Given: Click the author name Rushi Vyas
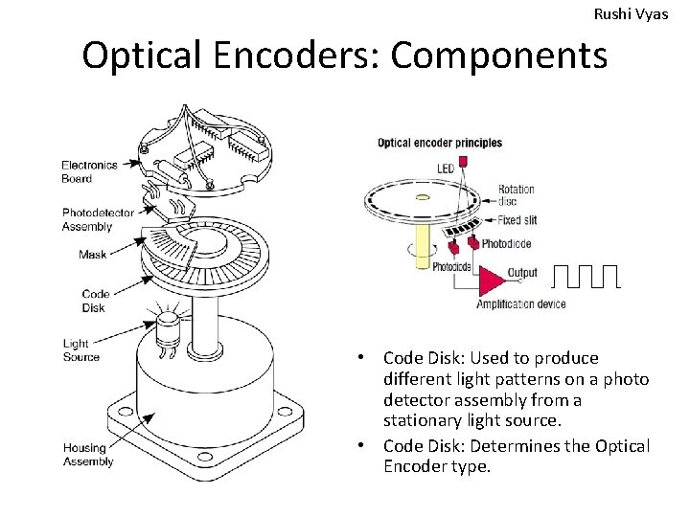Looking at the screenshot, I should click(632, 14).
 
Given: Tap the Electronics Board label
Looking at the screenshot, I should click(89, 171).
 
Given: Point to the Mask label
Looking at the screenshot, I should click(93, 255).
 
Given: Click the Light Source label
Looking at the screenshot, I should click(80, 350).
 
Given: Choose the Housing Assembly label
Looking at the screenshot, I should click(88, 455).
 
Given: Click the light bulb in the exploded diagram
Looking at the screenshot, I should click(169, 326).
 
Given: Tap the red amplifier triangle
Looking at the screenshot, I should click(491, 280).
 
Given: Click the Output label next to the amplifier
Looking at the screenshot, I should click(522, 273).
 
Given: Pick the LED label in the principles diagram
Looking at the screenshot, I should click(446, 169).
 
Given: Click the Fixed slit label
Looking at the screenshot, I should click(517, 220).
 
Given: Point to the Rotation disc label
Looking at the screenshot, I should click(517, 195).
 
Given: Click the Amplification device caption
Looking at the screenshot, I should click(520, 304).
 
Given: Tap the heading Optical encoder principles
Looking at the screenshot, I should click(440, 144).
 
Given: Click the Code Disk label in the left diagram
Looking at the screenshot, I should click(96, 301).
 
